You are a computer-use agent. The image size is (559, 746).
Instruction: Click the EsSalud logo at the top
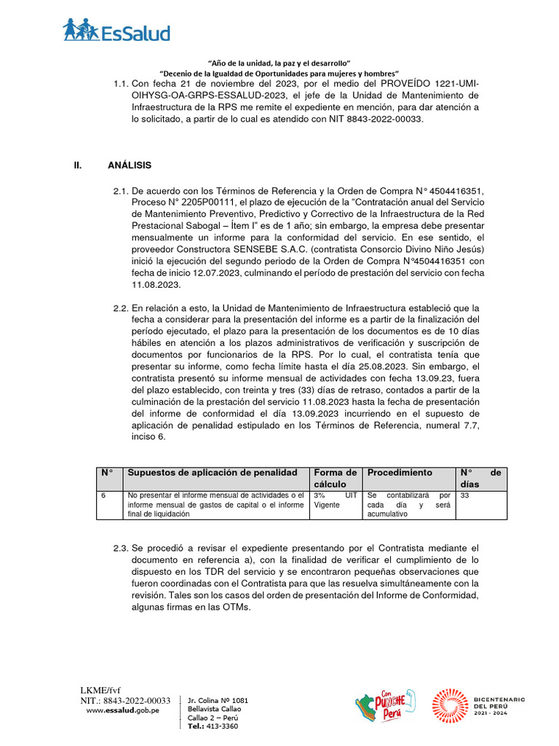(x=116, y=30)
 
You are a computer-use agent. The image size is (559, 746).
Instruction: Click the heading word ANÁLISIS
(x=130, y=165)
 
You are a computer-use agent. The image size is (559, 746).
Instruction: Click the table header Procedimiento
(x=400, y=473)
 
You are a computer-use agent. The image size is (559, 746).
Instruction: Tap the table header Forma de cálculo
(x=335, y=478)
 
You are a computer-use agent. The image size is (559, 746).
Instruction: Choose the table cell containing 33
(x=465, y=495)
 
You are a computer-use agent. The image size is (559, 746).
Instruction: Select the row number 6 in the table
(x=103, y=495)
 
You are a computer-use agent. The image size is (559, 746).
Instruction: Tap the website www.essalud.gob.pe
(x=123, y=710)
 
